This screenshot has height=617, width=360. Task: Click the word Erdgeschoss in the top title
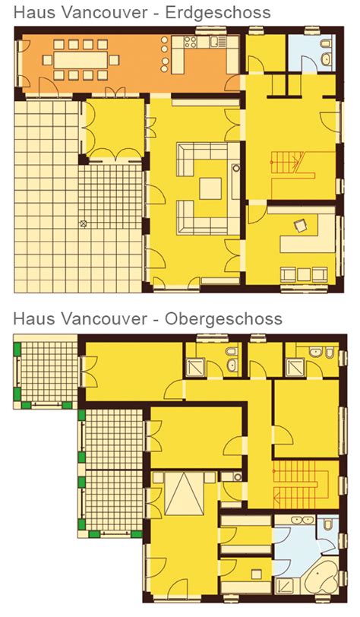point(217,13)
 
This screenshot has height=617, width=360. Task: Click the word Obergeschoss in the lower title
point(223,318)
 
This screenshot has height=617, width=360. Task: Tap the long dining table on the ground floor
point(81,60)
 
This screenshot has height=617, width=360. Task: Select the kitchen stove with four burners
point(190,42)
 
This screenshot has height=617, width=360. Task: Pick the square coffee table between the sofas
point(210,189)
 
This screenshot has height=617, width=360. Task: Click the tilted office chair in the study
point(301,226)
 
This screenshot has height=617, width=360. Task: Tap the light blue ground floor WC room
point(311,53)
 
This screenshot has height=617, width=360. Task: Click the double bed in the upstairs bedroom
point(184,494)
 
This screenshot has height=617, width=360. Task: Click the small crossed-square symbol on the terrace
point(83,224)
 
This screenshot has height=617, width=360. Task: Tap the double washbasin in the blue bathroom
point(301,520)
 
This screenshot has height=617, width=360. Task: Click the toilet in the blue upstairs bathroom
point(328,524)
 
